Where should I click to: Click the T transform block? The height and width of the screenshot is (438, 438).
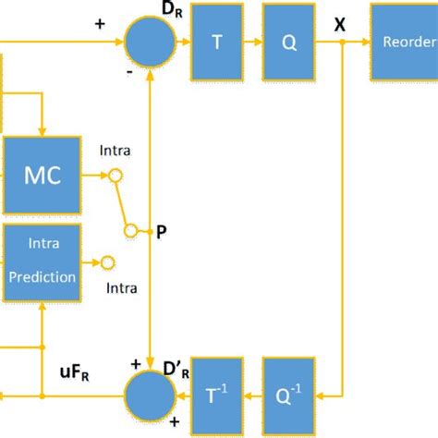(x=217, y=41)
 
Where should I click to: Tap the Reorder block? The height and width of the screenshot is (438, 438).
(x=404, y=41)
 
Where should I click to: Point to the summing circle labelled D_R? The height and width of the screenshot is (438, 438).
(x=148, y=42)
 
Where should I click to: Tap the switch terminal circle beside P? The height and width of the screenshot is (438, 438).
(x=130, y=230)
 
